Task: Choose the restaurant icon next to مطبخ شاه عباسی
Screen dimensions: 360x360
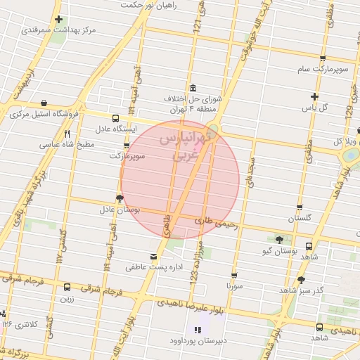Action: point(67,133)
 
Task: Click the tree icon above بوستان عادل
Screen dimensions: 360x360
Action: point(119,198)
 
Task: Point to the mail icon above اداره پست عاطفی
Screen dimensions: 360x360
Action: point(154,256)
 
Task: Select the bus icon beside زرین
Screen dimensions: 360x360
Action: point(67,287)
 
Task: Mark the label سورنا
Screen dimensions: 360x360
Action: point(234,286)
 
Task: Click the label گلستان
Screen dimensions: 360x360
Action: point(300,219)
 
